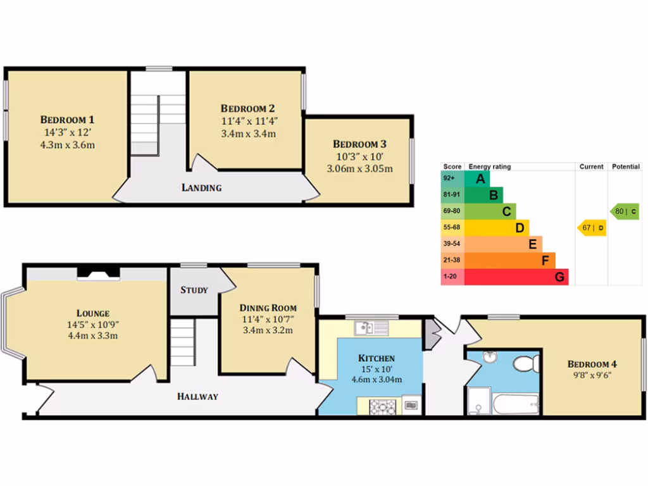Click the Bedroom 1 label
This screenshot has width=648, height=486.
(68, 120)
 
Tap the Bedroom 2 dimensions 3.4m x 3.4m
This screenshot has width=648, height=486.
(247, 134)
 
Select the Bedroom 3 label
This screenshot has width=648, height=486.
(359, 144)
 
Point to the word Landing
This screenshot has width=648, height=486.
(201, 187)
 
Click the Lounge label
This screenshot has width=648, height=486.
(93, 313)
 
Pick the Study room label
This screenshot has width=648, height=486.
(194, 290)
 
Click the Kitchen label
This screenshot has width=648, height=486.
(376, 358)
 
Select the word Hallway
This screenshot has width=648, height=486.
(197, 397)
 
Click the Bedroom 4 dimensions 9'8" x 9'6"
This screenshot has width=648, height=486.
(592, 377)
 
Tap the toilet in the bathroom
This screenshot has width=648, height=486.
(523, 364)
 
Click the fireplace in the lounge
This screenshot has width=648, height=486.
(98, 273)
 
